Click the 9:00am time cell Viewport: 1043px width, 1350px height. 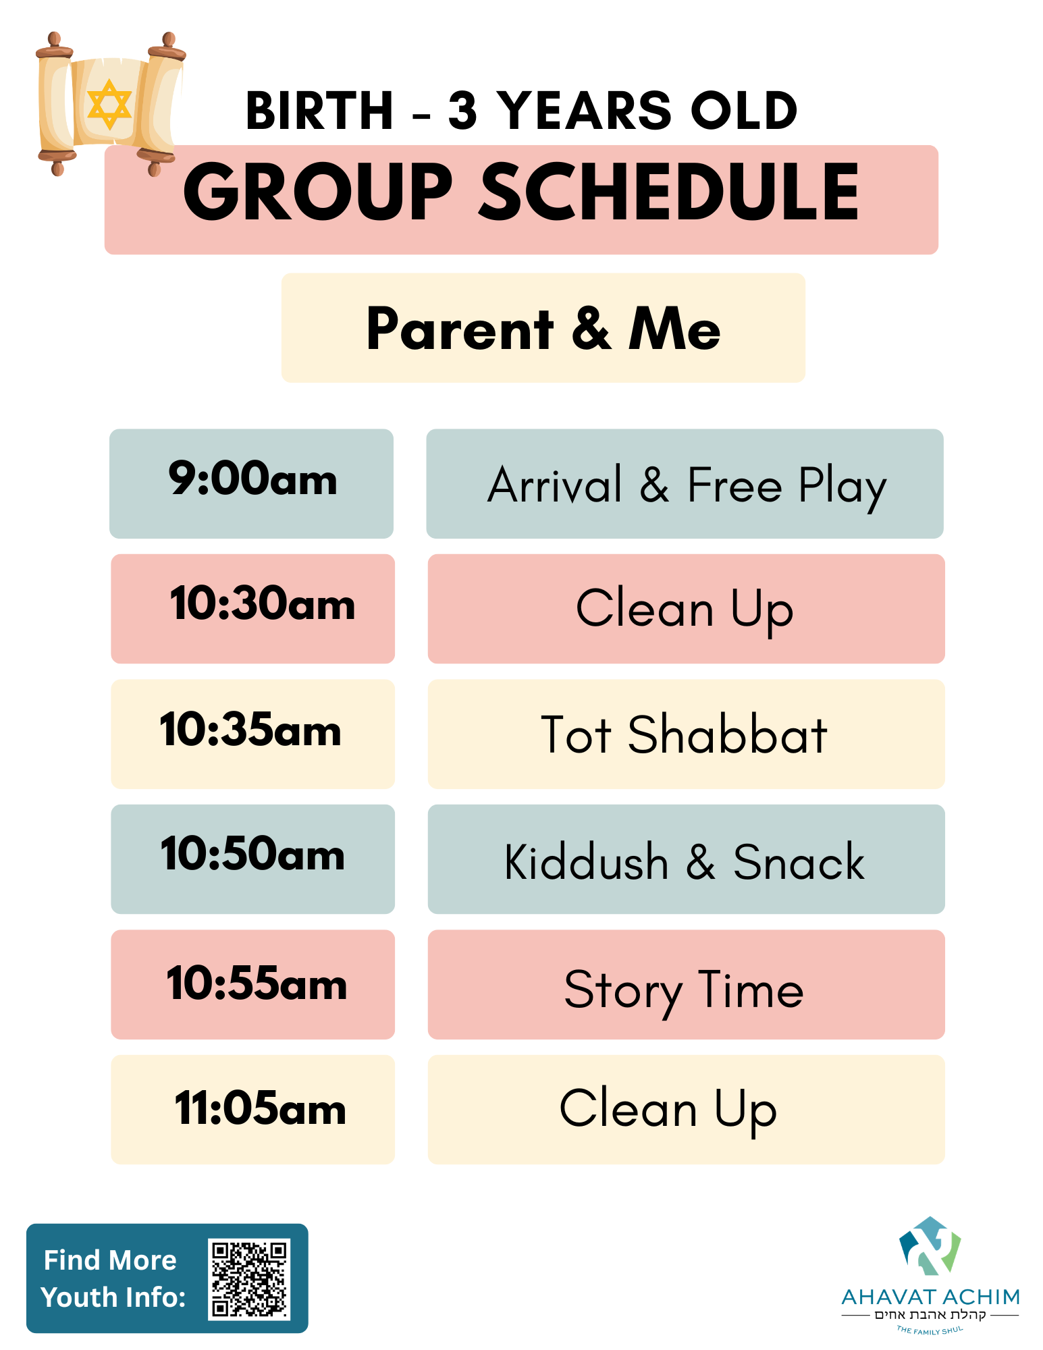[251, 483]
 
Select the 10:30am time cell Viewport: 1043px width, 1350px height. [252, 608]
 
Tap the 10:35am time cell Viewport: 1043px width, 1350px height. [252, 734]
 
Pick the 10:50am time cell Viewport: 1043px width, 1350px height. [252, 859]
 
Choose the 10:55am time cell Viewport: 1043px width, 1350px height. [252, 984]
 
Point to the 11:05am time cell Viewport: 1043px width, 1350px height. [252, 1109]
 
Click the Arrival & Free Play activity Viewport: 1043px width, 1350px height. [685, 483]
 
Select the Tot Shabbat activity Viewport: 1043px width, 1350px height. [686, 734]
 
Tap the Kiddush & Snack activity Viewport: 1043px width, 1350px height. [686, 859]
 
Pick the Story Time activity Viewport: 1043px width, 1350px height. [686, 984]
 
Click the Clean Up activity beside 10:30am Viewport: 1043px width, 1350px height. [686, 608]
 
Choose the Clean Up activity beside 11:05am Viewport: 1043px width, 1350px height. [686, 1109]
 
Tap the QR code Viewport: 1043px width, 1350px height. [249, 1278]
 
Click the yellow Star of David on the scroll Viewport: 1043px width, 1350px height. [109, 105]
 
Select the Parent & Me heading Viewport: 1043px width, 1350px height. [543, 329]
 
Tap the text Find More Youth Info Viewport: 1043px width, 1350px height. [113, 1278]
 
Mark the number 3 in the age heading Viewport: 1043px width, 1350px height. [463, 111]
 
